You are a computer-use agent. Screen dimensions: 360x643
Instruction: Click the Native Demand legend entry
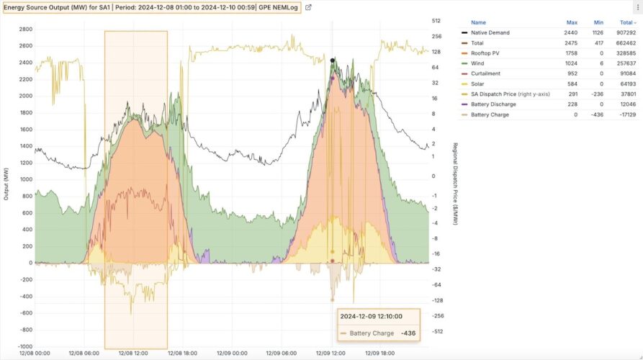[490, 33]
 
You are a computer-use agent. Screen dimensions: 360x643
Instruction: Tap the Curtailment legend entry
[485, 73]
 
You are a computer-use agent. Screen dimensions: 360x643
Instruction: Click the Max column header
[572, 22]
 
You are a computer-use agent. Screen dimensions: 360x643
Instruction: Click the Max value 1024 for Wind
[572, 63]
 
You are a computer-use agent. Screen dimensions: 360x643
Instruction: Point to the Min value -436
[597, 114]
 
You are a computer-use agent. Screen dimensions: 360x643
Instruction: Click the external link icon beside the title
[308, 7]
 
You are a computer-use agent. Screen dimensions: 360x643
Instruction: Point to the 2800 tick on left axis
[24, 29]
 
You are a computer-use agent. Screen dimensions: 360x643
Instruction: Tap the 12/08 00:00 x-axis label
[35, 354]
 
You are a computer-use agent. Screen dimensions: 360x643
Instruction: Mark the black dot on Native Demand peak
[333, 61]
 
